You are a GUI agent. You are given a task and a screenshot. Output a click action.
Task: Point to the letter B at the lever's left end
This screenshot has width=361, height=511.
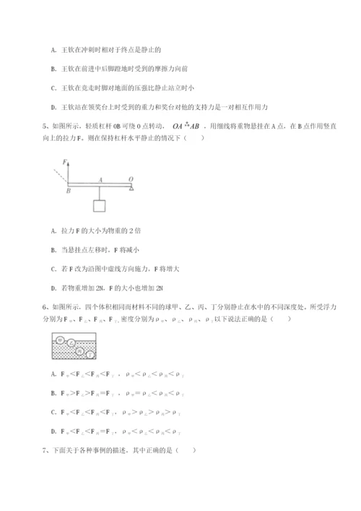click(67, 192)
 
